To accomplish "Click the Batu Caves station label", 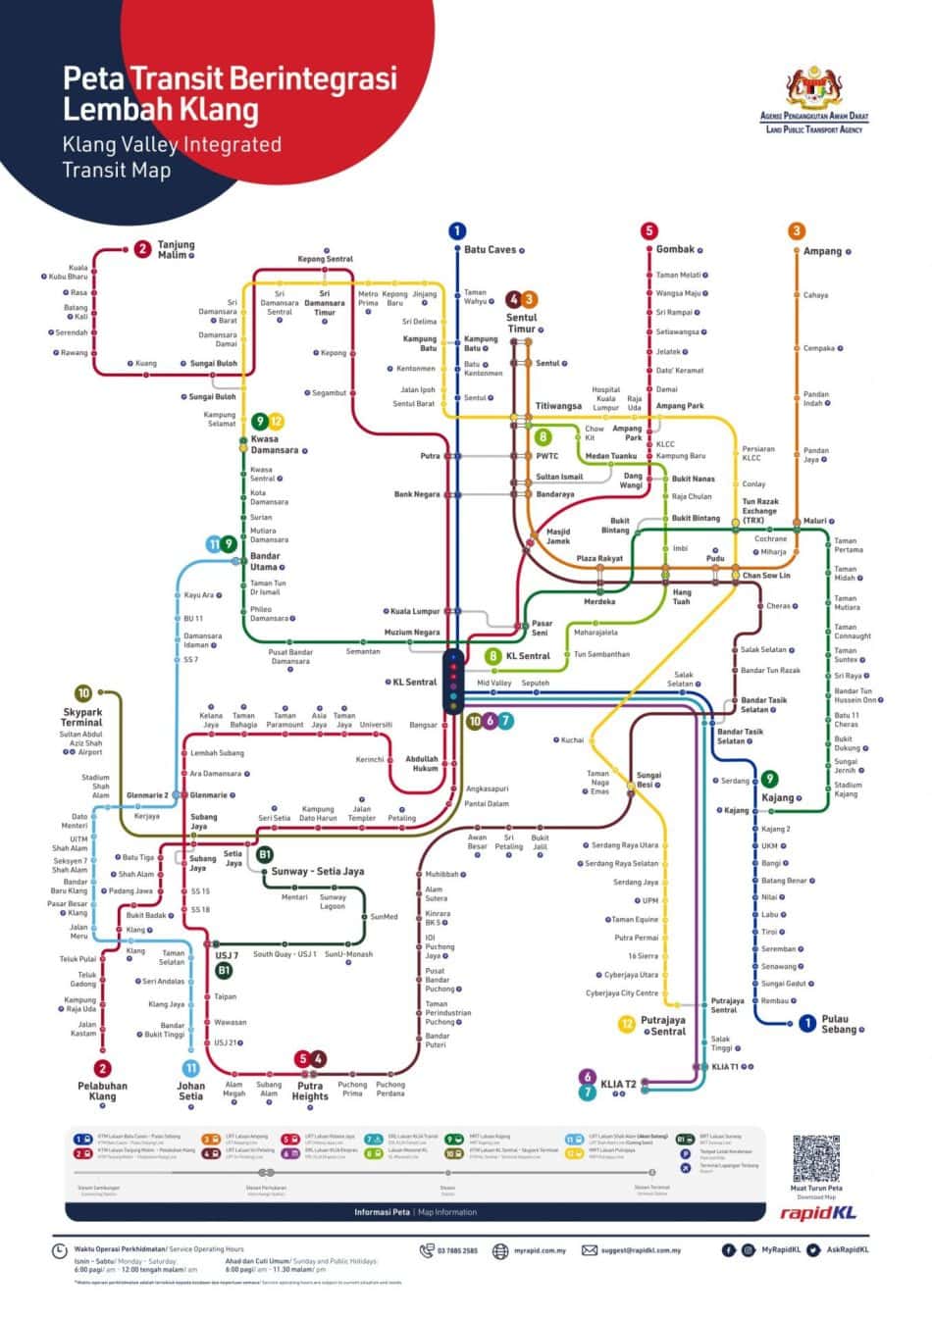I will pos(490,250).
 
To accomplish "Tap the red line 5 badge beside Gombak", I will pos(648,231).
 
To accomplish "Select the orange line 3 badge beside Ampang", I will pos(797,231).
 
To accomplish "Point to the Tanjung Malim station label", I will pos(177,249).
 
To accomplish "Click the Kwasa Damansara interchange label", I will pos(274,444).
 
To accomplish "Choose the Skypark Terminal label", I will pos(82,716).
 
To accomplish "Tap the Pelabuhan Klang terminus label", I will pos(102,1091).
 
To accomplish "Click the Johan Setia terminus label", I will pos(191,1091).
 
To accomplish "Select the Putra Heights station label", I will pos(310,1091).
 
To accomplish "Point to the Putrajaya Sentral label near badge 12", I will pos(662,1025).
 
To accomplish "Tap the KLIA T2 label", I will pos(618,1084).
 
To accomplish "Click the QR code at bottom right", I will pos(816,1159).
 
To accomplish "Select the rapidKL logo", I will pos(817,1212).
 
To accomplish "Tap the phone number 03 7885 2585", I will pos(457,1250).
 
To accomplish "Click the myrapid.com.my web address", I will pos(541,1250).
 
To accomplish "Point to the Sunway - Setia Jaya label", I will pos(317,871).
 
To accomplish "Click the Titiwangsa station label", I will pos(558,406).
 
